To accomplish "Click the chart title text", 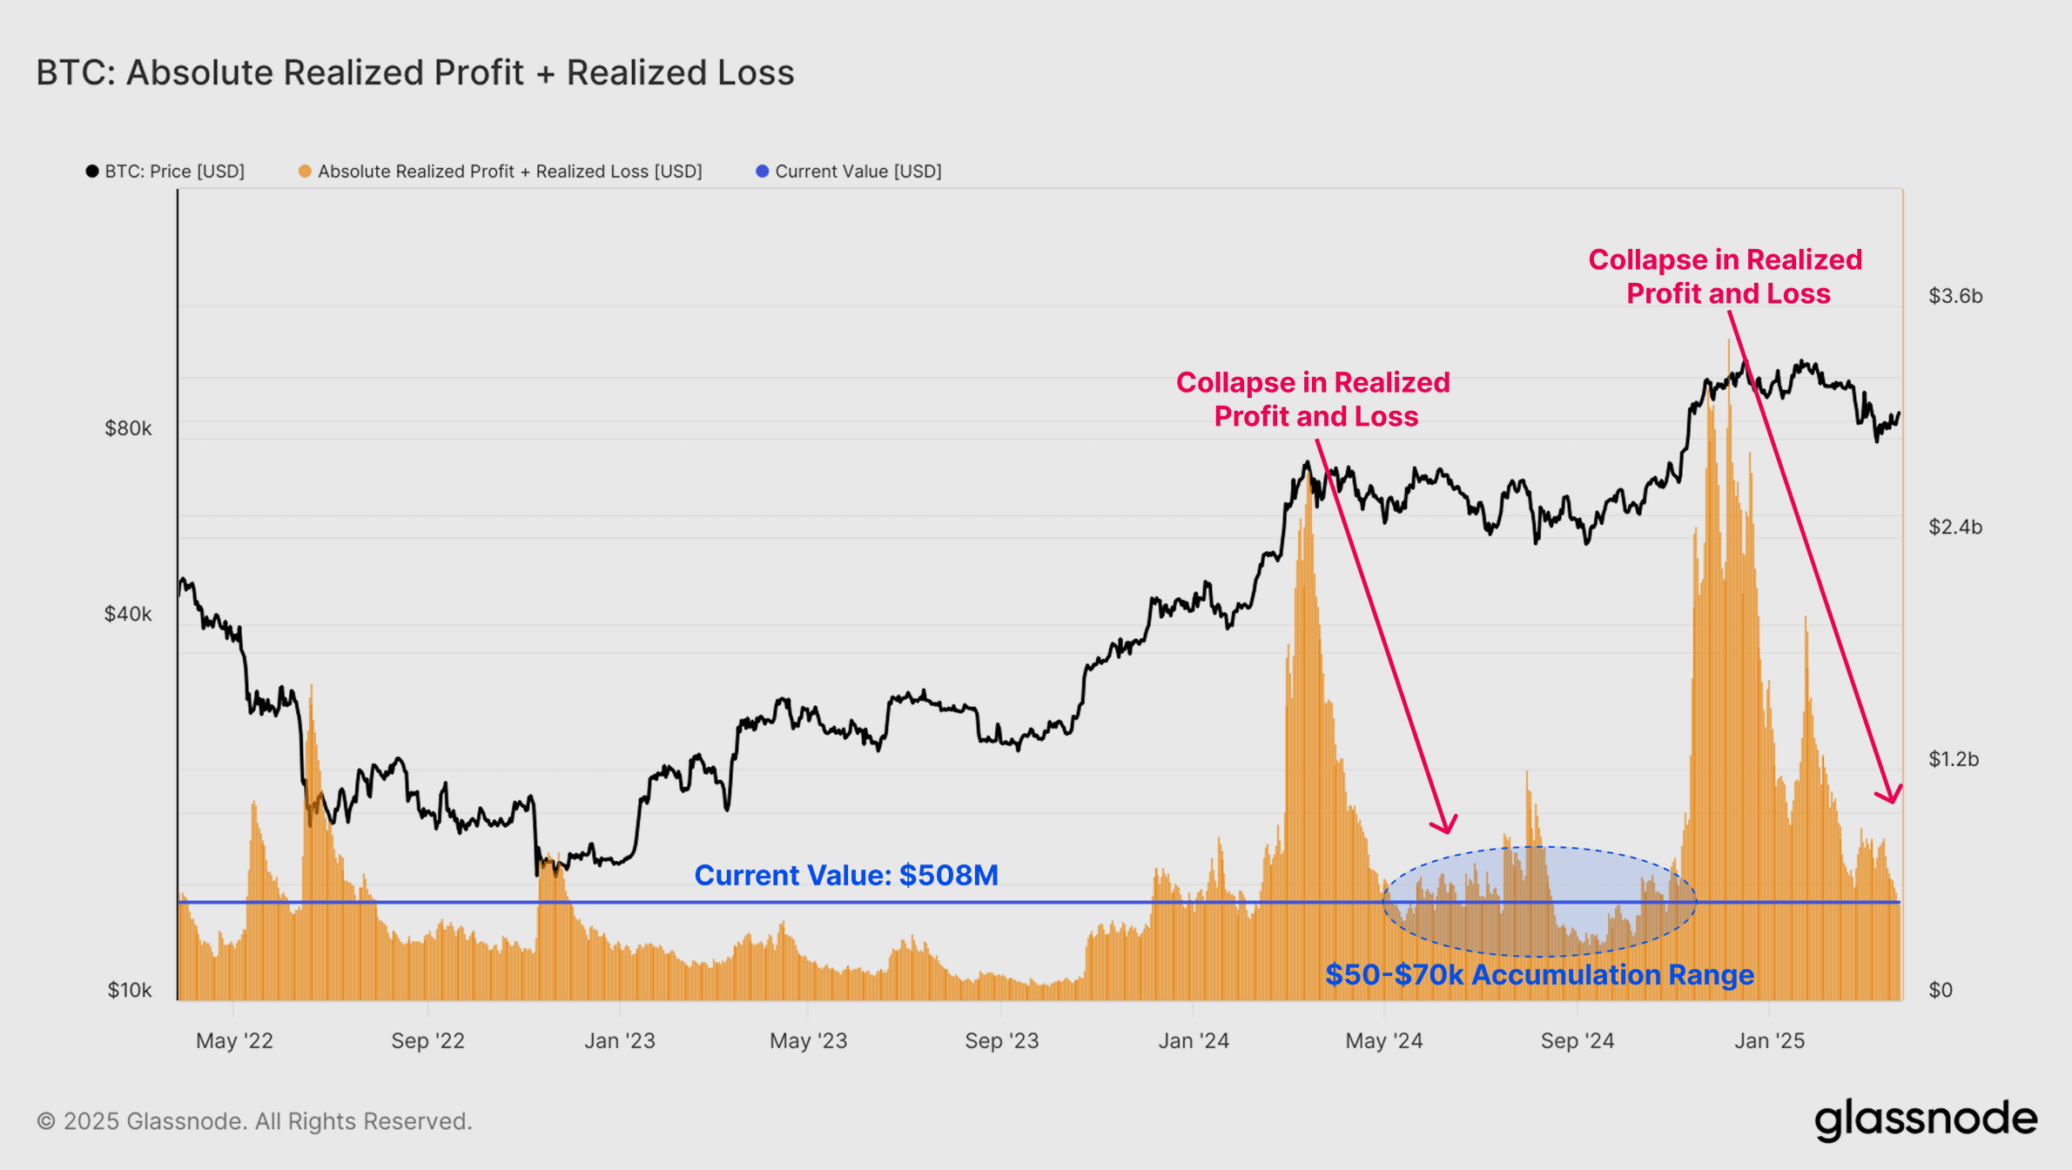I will [x=415, y=73].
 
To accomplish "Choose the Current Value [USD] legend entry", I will [x=849, y=171].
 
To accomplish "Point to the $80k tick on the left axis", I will [x=128, y=428].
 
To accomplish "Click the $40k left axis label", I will [x=128, y=615].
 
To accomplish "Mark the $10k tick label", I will [x=130, y=991].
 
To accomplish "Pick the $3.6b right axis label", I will [x=1955, y=296].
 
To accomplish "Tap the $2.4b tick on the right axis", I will [x=1955, y=527].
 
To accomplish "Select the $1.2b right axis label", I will [x=1954, y=759].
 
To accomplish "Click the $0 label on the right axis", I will [x=1941, y=991].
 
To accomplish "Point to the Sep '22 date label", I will [x=427, y=1041].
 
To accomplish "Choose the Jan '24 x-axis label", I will [x=1194, y=1041].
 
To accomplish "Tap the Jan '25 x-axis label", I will [x=1770, y=1041].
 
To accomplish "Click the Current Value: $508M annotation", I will [x=846, y=876].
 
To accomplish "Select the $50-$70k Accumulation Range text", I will [x=1539, y=975].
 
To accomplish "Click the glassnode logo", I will [x=1926, y=1120].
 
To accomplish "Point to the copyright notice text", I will [x=254, y=1121].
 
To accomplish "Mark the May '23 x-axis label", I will [x=809, y=1041].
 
